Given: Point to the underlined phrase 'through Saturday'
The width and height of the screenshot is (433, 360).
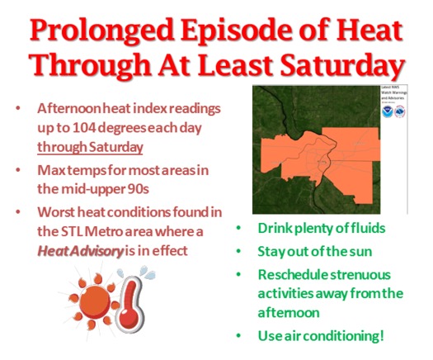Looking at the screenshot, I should (x=91, y=148).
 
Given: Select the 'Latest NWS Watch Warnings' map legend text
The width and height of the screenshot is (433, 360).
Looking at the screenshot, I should (x=394, y=92).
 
